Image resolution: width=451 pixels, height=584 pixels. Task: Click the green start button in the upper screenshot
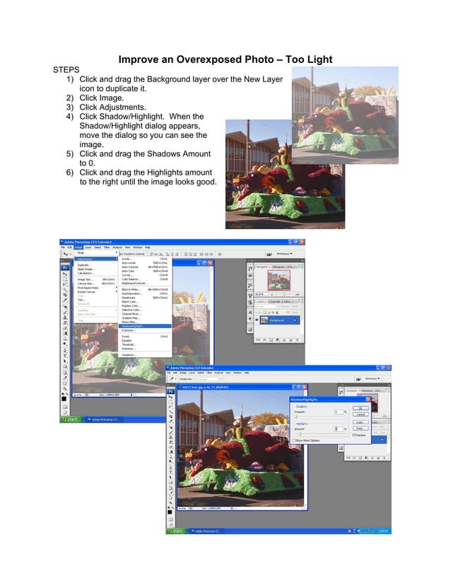point(71,419)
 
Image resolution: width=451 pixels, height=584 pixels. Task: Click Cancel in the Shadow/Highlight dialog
point(361,414)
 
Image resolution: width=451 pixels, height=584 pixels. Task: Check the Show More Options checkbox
point(294,440)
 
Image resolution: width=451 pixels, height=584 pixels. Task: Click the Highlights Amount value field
point(338,429)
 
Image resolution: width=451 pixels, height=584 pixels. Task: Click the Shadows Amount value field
point(338,412)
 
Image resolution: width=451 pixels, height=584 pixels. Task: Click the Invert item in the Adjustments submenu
point(126,337)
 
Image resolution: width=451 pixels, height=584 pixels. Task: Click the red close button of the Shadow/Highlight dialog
point(368,400)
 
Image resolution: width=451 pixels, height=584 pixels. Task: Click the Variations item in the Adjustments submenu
point(129,355)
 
